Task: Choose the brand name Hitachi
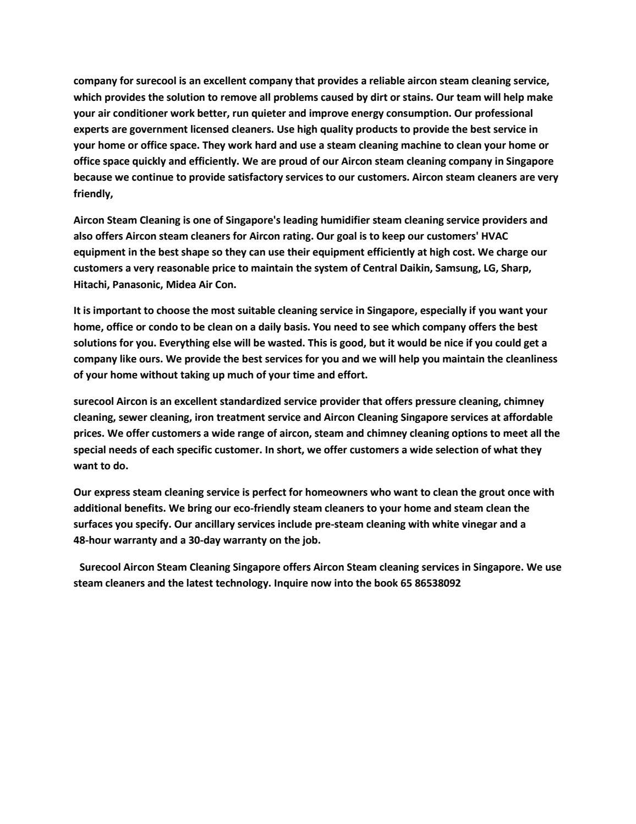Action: tap(91, 285)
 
